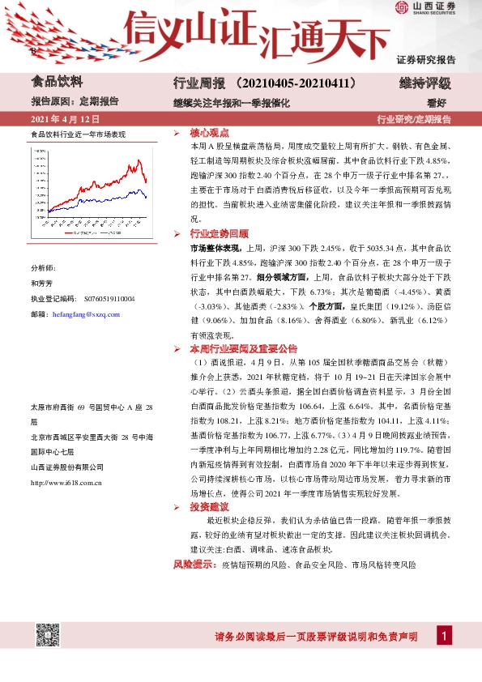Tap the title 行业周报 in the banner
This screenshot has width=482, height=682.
[197, 83]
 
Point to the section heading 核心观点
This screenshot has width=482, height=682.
[209, 133]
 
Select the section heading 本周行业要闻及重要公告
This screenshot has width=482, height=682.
[245, 348]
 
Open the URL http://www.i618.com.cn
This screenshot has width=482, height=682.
[66, 483]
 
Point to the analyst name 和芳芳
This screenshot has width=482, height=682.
[41, 283]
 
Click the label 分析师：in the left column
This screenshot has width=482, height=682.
[44, 267]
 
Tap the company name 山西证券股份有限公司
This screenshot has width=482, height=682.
[66, 467]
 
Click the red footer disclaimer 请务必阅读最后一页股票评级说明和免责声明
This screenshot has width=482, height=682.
[316, 637]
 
